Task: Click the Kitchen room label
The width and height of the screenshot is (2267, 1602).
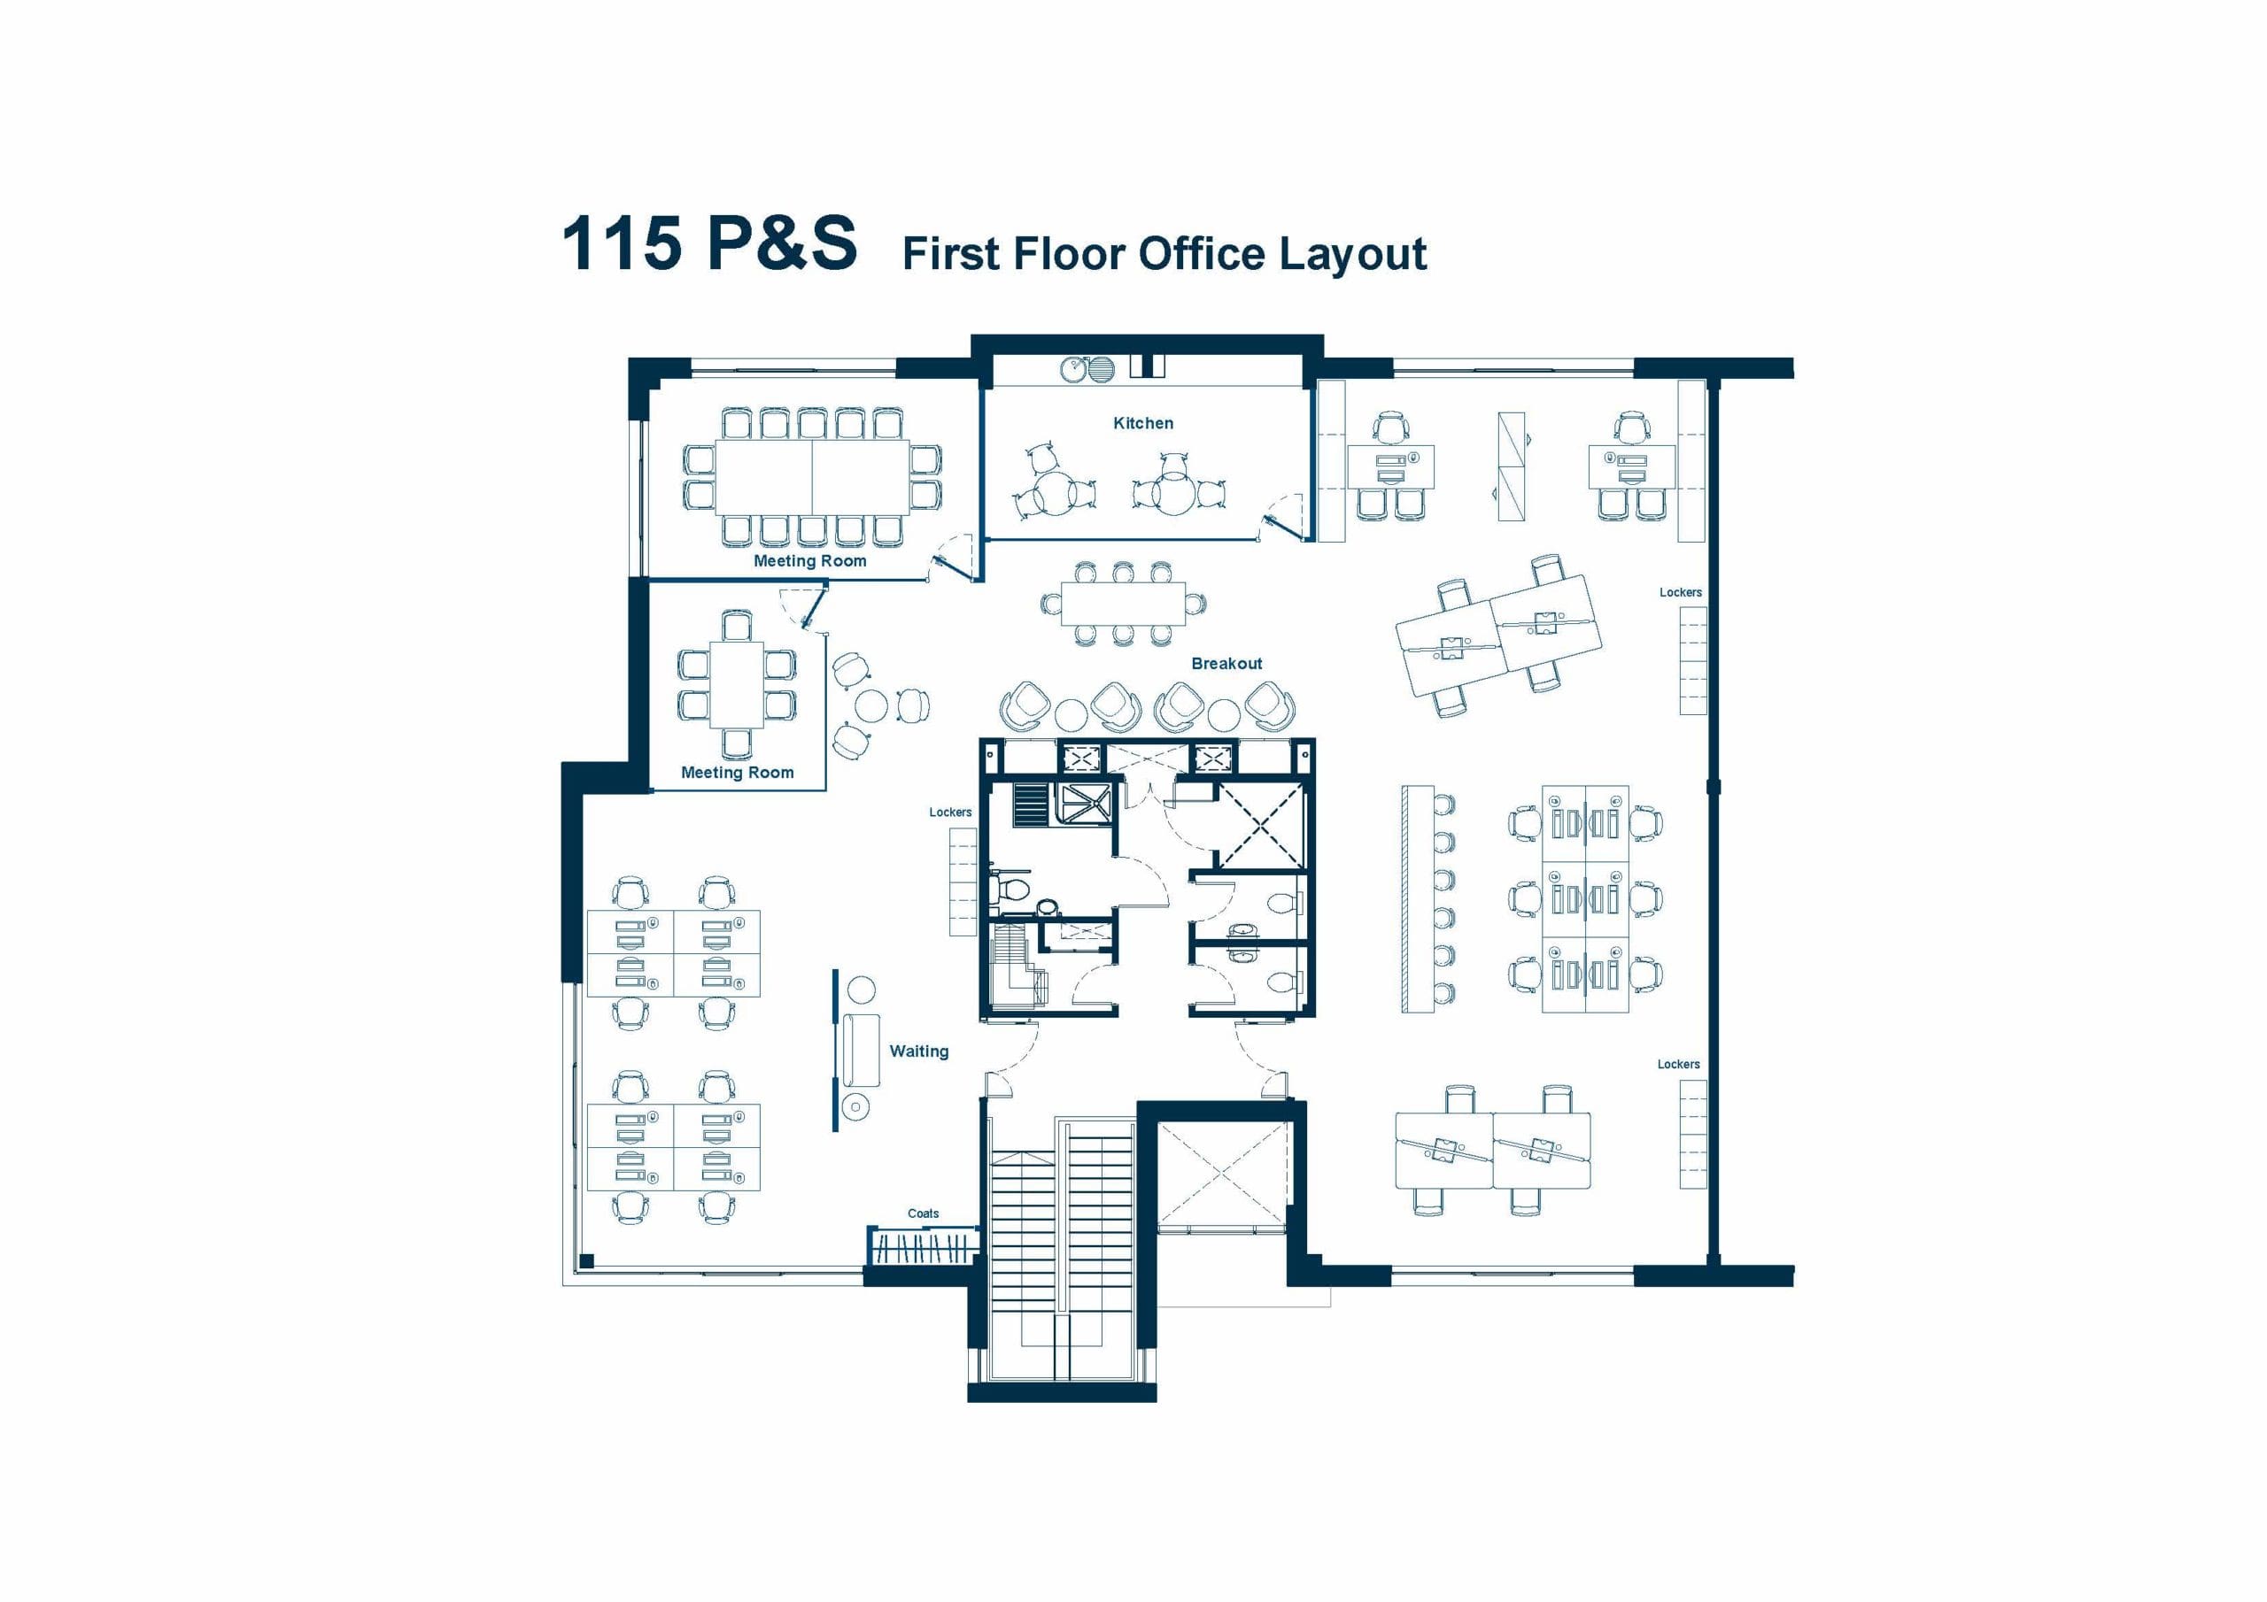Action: pos(1143,423)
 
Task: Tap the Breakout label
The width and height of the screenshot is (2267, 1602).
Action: pos(1226,663)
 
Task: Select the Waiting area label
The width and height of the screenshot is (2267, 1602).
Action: pos(918,1051)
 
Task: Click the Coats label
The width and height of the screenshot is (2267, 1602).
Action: pos(924,1213)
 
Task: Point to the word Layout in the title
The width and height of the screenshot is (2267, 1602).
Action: pos(1353,255)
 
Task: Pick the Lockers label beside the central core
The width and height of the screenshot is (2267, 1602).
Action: pos(950,813)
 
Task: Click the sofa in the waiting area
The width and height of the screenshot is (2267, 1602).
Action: pos(861,1048)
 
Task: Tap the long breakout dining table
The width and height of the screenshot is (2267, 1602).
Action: pos(1123,605)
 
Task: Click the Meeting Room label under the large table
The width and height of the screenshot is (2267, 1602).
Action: pos(809,560)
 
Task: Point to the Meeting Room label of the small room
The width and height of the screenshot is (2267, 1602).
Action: pos(738,773)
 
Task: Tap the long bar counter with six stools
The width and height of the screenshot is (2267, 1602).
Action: pos(1417,897)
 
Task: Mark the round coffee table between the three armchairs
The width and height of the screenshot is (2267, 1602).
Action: pos(870,705)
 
